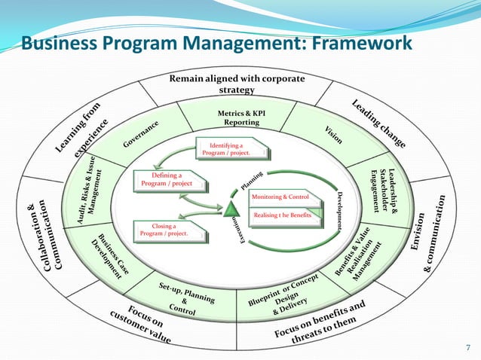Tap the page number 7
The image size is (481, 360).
(467, 346)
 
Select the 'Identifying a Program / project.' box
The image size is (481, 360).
(231, 149)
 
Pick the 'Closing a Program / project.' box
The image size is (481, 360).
(168, 230)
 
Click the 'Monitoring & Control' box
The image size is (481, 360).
(280, 197)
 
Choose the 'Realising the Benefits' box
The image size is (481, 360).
(282, 215)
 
